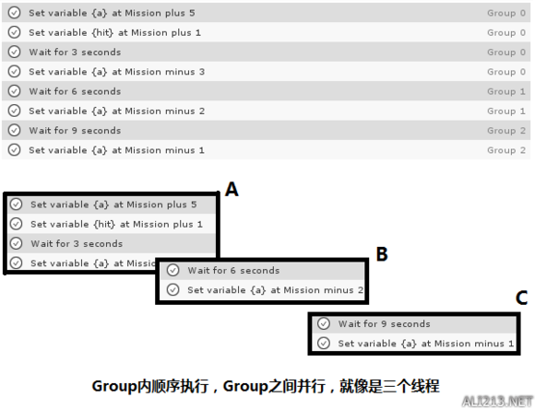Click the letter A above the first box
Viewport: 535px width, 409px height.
(x=232, y=189)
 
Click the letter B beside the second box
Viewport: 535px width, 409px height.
(x=382, y=254)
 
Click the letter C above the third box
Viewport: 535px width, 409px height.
(x=522, y=298)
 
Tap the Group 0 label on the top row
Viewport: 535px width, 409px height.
(x=506, y=13)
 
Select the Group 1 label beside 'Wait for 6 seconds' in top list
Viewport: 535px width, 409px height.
(x=506, y=91)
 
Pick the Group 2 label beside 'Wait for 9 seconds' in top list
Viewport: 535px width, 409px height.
(x=506, y=131)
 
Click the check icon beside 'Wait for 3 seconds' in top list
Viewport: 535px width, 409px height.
(x=15, y=52)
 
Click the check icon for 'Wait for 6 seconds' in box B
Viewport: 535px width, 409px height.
(x=173, y=270)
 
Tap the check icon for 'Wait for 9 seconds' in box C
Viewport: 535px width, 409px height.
(x=324, y=323)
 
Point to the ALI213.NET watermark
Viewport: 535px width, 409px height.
(x=497, y=401)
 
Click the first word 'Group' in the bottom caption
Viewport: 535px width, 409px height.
(x=114, y=387)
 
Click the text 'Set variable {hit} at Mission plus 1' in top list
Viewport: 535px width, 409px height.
(x=115, y=33)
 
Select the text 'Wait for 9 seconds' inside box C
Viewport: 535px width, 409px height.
(x=385, y=324)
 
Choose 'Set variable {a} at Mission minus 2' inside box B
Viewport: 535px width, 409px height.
(x=276, y=290)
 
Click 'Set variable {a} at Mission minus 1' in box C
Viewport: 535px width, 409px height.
(x=426, y=344)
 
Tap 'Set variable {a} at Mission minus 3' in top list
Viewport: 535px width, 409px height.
(x=117, y=72)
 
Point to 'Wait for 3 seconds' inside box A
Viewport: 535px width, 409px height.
(x=77, y=244)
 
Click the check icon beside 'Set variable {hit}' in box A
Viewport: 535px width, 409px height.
(x=16, y=224)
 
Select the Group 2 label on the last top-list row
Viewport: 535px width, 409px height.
(x=506, y=150)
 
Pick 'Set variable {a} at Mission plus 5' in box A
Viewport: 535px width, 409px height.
(x=113, y=204)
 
